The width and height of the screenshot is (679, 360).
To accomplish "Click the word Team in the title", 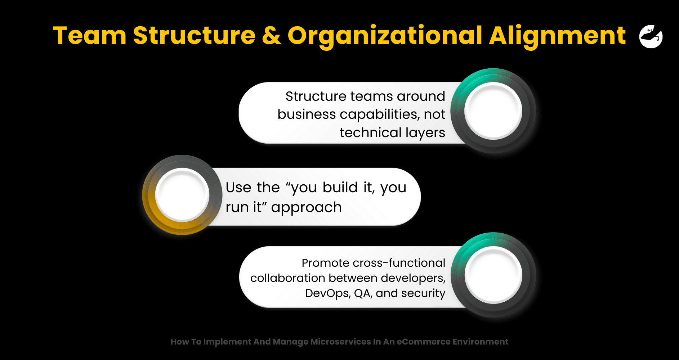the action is tap(90, 36).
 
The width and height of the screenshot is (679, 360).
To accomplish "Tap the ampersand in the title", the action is tap(271, 36).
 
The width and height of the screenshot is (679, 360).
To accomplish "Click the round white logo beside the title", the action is tap(651, 36).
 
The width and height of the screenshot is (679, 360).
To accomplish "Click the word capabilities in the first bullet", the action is tap(380, 115).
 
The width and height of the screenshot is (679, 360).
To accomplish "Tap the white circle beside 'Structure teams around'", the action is tap(493, 111).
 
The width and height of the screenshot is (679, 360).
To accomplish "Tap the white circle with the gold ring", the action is tap(182, 195).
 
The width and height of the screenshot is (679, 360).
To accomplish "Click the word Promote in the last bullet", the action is tap(326, 263).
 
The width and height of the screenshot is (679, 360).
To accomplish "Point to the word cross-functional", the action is tap(399, 263).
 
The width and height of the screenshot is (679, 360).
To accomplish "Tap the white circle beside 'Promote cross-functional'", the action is tap(493, 275).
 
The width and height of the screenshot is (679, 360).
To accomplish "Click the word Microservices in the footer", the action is tap(340, 342).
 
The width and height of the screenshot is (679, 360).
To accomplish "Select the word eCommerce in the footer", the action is tap(423, 342).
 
